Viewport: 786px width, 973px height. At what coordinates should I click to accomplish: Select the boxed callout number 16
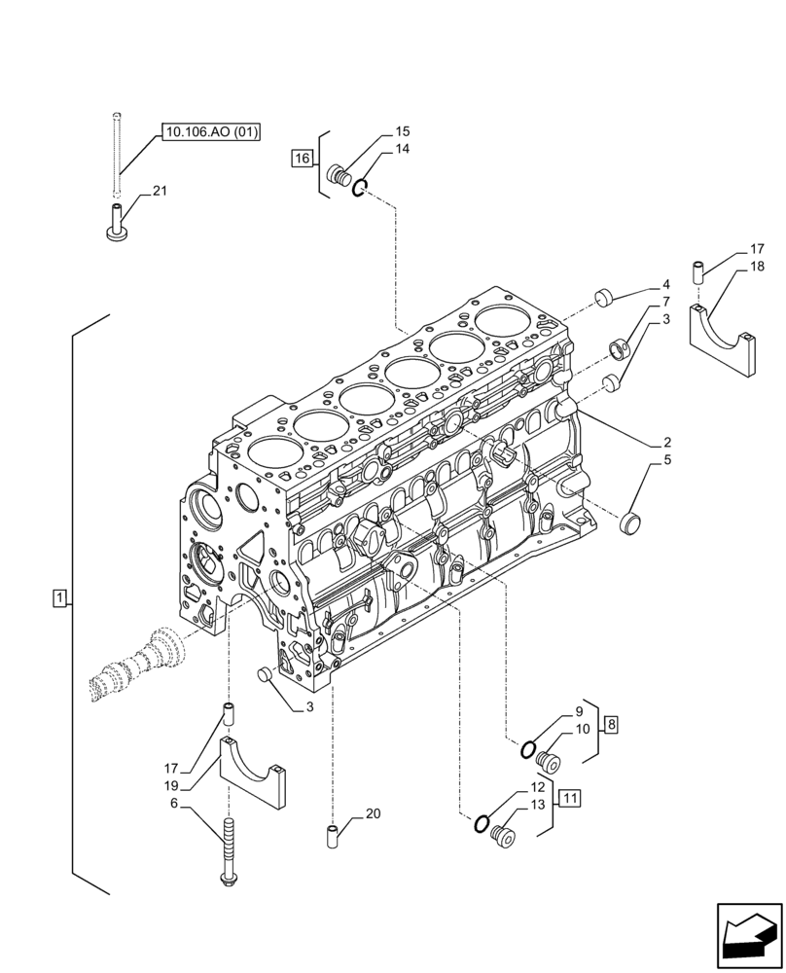click(302, 158)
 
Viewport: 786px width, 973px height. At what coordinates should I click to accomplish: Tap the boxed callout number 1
click(59, 598)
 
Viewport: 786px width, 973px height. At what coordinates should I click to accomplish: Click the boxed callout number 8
click(610, 724)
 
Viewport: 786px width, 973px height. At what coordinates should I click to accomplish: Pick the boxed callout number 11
click(570, 799)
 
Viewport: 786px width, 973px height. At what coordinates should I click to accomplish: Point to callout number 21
click(159, 191)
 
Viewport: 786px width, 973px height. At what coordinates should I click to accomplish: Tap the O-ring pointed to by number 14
click(359, 187)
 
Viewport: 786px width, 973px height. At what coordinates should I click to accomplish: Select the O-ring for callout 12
click(481, 825)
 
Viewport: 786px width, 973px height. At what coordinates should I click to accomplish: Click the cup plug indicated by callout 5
click(632, 523)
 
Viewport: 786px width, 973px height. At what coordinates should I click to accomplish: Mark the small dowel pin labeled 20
click(332, 834)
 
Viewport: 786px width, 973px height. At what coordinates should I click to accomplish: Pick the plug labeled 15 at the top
click(341, 176)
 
